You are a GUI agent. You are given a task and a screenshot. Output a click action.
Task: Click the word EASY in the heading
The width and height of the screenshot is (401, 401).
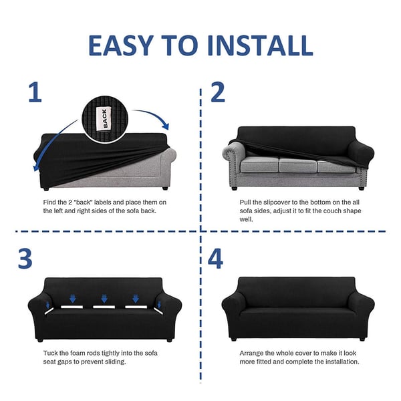[121, 45]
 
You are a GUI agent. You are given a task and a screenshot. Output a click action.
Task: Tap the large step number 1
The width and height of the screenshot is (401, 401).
[35, 92]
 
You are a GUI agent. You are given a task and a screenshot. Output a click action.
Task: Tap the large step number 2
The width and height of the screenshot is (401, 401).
[218, 92]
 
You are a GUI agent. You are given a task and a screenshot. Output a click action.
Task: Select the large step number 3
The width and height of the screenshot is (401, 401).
[25, 259]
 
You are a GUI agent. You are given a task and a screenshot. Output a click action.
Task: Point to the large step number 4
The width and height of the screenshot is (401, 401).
[215, 259]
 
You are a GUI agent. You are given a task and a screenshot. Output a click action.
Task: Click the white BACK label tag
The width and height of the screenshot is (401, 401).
[104, 118]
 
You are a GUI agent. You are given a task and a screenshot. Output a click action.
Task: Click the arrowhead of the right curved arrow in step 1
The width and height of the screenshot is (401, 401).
[166, 126]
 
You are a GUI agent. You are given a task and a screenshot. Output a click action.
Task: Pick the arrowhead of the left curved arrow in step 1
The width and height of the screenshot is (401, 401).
[36, 168]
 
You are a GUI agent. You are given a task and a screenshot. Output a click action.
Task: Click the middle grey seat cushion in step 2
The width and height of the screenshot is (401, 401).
[297, 165]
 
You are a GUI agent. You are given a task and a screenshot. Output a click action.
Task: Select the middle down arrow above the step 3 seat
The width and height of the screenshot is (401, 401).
[104, 299]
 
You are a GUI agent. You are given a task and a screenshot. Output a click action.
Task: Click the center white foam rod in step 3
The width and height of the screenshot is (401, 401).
[104, 307]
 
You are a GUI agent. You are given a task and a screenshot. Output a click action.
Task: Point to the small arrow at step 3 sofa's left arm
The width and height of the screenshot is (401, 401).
[47, 305]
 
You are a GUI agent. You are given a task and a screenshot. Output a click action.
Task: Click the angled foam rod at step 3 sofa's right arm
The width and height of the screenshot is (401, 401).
[158, 311]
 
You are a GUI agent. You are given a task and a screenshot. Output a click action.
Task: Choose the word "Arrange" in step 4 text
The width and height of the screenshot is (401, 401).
[251, 353]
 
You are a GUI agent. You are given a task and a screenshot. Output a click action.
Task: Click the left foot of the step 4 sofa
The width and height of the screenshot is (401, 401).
[233, 339]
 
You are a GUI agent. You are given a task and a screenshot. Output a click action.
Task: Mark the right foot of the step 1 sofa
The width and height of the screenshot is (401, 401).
[165, 188]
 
